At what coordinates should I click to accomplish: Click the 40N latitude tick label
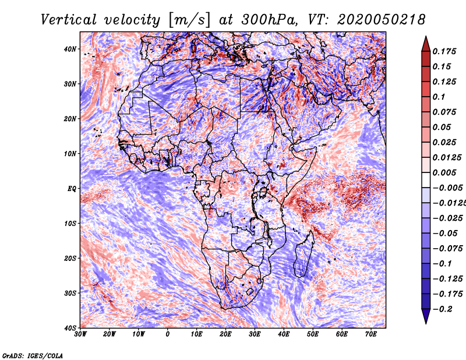click(70, 49)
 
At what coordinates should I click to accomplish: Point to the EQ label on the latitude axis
click(72, 189)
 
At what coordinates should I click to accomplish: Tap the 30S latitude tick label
click(70, 293)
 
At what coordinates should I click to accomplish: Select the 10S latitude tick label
click(70, 223)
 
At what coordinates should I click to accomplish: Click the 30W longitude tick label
click(80, 334)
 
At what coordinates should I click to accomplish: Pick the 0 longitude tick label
click(168, 334)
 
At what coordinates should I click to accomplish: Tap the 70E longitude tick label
click(370, 334)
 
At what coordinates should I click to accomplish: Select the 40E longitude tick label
click(284, 334)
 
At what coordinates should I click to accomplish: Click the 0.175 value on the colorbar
click(444, 52)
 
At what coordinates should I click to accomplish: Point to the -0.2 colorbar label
click(443, 309)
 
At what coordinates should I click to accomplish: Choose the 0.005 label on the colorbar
click(444, 172)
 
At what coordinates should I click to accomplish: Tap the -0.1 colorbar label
click(442, 264)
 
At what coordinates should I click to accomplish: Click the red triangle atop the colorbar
click(426, 44)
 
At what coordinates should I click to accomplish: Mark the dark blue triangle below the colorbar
click(426, 316)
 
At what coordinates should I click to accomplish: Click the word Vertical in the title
click(69, 20)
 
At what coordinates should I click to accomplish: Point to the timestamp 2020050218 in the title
click(382, 20)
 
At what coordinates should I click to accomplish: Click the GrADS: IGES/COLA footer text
click(33, 355)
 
